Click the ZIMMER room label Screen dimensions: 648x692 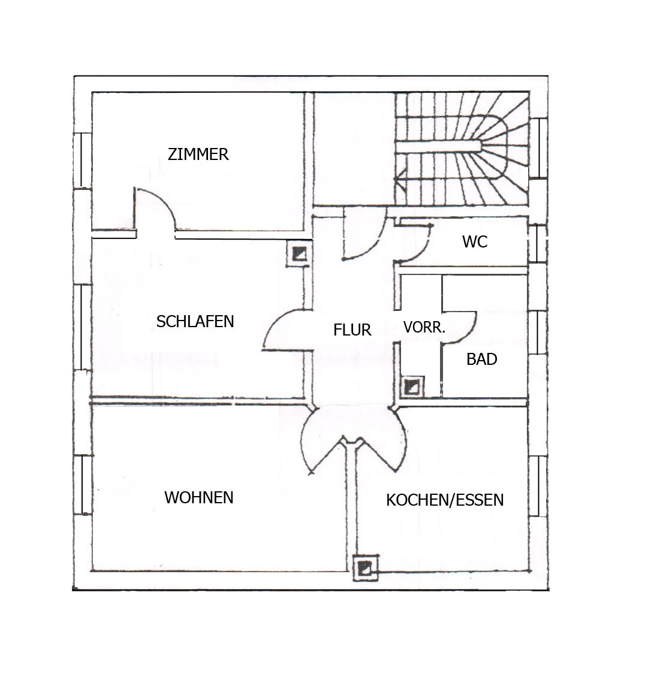[198, 154]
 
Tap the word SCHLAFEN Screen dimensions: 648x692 [195, 321]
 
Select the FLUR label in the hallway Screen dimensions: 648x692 [352, 330]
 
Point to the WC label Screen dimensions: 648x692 [475, 241]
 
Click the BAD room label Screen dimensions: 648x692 [481, 359]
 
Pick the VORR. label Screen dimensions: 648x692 [424, 327]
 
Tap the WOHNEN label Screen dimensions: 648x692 [198, 497]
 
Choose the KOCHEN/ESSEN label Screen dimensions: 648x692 [445, 500]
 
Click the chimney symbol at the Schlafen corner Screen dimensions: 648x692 [299, 254]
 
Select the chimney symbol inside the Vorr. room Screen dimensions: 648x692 [412, 386]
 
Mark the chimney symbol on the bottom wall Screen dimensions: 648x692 [366, 568]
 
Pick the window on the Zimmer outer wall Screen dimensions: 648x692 [83, 161]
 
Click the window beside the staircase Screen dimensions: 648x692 [538, 148]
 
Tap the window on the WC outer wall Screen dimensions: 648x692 [537, 244]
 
